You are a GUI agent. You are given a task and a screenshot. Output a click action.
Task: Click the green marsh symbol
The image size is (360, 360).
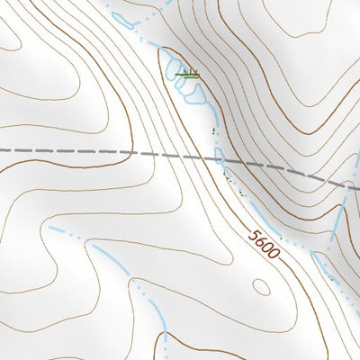pos(188,75)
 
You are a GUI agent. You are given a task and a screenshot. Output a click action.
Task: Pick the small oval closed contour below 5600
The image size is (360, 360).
pos(260,286)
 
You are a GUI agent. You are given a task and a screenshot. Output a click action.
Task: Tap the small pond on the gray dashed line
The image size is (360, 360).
pos(220,157)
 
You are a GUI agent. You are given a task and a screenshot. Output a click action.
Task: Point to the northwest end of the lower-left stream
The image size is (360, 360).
pos(51,229)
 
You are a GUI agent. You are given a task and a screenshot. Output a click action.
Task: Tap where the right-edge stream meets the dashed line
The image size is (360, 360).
pos(345,184)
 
